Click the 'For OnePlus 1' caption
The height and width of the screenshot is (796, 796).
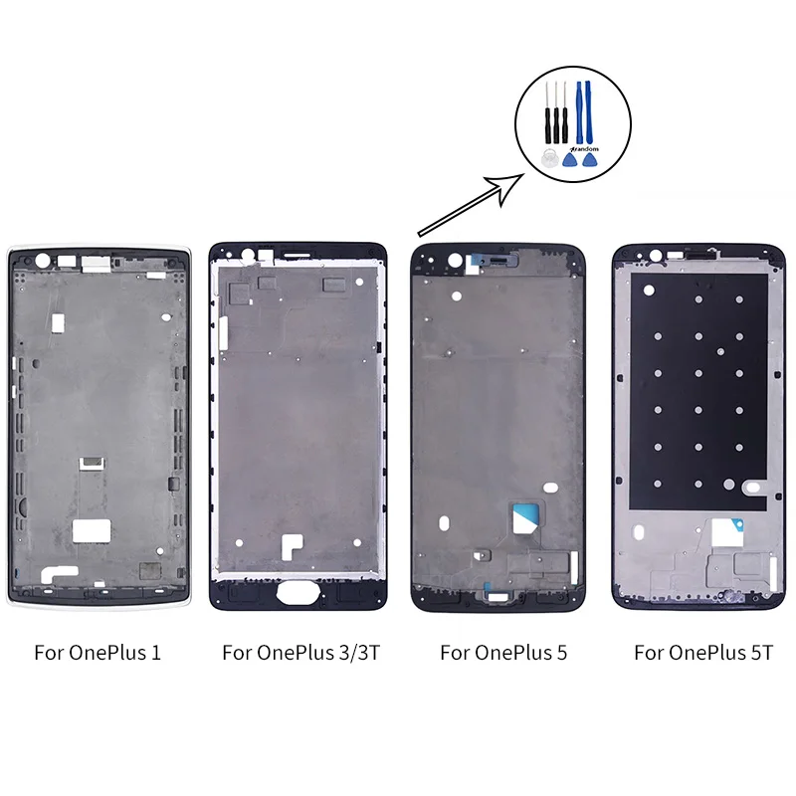[x=98, y=653]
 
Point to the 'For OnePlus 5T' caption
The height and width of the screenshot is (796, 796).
[x=703, y=653]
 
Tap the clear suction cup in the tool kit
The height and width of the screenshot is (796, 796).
[x=546, y=158]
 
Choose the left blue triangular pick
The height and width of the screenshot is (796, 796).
[x=570, y=159]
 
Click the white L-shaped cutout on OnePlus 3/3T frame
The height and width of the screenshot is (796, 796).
[x=291, y=545]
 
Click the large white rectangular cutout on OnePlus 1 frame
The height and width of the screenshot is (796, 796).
[x=91, y=528]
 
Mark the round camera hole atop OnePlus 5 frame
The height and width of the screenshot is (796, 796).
[x=456, y=263]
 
